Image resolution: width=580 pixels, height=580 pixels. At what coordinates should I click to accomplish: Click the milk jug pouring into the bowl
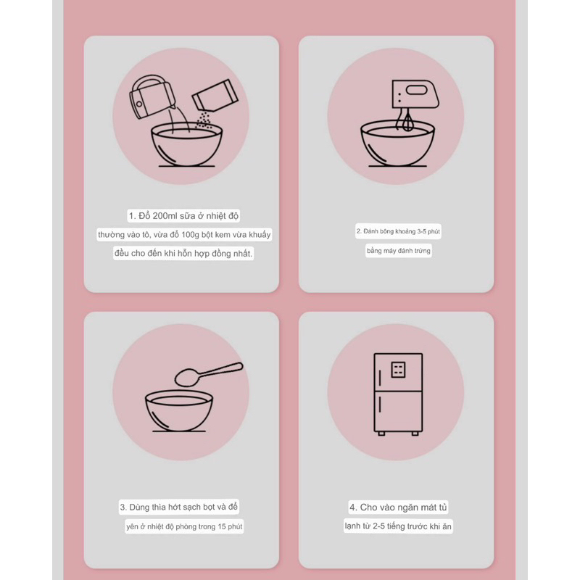pos(152,97)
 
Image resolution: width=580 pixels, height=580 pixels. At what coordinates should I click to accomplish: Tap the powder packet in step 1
pos(215,95)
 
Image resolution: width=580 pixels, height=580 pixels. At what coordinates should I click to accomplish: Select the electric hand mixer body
pos(415,94)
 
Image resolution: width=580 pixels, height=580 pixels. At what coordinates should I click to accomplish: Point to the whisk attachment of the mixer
pos(407,121)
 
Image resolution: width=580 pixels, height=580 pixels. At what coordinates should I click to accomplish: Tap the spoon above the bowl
pos(209,374)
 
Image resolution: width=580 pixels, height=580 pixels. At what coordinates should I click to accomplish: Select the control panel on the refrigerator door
pos(398,370)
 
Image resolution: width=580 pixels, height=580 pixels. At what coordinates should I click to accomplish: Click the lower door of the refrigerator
pos(398,411)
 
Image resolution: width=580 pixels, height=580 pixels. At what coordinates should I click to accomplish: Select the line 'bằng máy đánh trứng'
pos(398,251)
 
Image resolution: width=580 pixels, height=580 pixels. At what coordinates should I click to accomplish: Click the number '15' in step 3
pos(222,526)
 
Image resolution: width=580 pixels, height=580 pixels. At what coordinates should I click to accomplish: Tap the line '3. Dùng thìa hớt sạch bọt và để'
pos(178,507)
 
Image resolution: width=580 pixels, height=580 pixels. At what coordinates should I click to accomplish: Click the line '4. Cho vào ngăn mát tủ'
pos(398,507)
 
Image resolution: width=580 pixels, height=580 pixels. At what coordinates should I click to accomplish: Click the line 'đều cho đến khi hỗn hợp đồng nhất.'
pos(183,253)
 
